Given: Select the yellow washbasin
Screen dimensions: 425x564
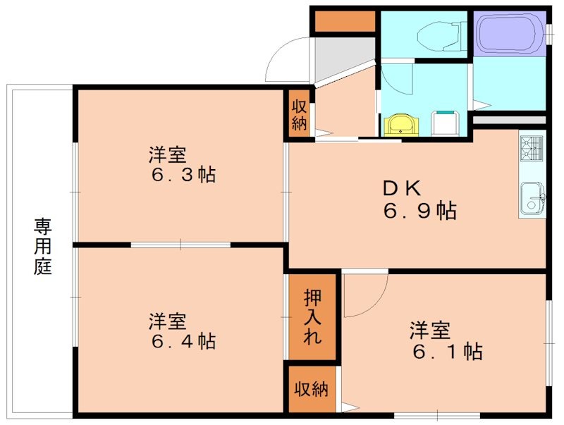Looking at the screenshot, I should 400,125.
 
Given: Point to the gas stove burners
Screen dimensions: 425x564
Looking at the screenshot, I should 532,148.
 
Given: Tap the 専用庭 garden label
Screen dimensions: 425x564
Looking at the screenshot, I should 43,247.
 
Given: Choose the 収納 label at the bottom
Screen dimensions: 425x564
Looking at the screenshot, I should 312,389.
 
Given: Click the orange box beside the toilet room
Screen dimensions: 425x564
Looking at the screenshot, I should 345,22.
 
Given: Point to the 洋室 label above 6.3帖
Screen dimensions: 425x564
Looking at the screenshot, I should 167,153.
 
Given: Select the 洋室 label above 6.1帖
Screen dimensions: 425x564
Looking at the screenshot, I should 430,329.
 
